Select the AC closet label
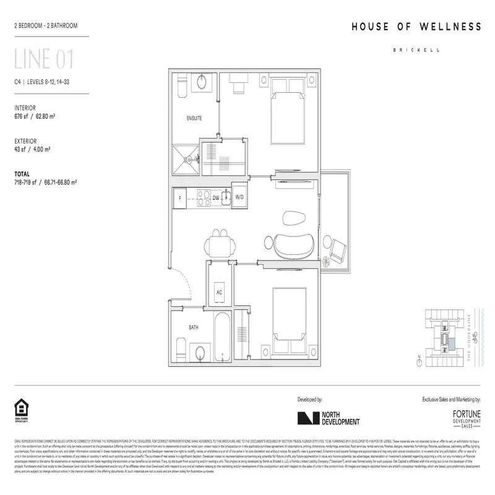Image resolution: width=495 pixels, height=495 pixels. point(219,291)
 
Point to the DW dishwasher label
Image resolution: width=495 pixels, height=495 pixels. point(216,198)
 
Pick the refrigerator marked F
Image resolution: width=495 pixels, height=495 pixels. point(180,198)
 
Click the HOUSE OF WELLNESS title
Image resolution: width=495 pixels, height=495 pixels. point(416,27)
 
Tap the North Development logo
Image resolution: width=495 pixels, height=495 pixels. point(328,419)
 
